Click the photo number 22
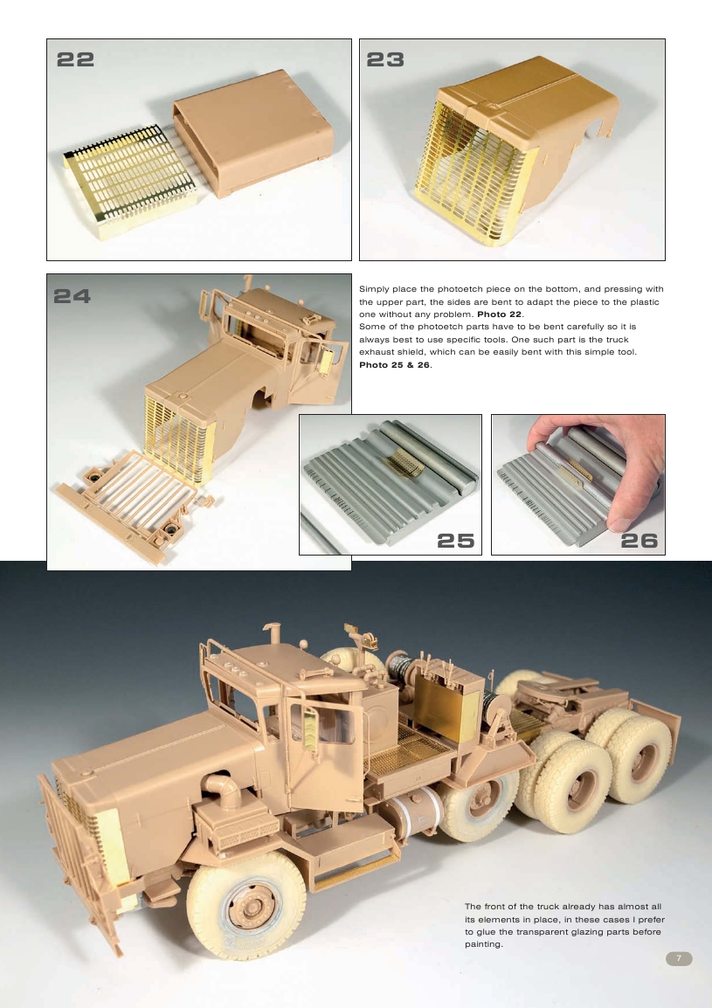pyautogui.click(x=75, y=59)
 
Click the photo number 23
pyautogui.click(x=385, y=59)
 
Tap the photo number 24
pyautogui.click(x=73, y=295)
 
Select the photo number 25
pyautogui.click(x=454, y=541)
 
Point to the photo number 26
pyautogui.click(x=638, y=541)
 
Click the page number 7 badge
pyautogui.click(x=679, y=958)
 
